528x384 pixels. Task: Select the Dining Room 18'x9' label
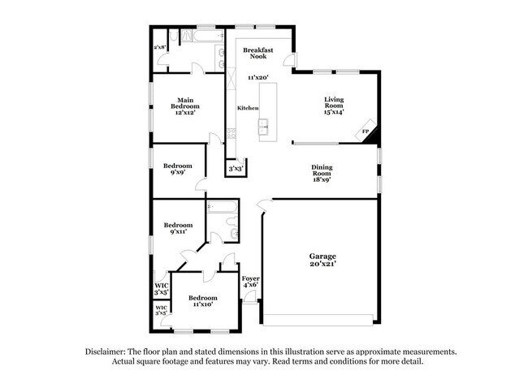point(322,173)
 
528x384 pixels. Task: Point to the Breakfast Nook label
point(258,53)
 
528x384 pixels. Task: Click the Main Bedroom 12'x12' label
point(185,106)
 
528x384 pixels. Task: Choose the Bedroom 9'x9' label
point(177,169)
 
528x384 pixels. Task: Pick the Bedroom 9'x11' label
point(178,228)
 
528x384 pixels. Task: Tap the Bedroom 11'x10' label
point(203,301)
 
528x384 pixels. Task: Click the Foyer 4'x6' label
point(250,282)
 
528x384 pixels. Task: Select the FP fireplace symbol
point(366,131)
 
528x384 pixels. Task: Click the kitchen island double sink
point(263,127)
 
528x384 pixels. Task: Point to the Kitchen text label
point(248,108)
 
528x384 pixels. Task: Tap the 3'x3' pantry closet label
point(236,169)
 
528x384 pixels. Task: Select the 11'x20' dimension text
point(258,77)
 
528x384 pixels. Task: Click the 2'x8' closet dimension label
point(160,47)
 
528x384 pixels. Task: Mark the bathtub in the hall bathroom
point(222,206)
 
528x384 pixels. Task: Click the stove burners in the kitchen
point(232,133)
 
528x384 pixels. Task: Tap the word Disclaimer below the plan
point(105,352)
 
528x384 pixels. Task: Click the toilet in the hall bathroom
point(232,221)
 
